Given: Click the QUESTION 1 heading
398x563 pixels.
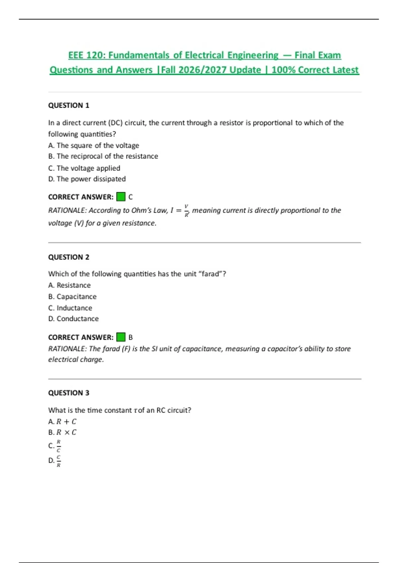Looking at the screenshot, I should click(69, 105).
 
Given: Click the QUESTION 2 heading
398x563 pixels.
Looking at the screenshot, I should click(69, 257).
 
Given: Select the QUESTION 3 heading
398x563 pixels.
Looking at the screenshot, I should click(69, 393).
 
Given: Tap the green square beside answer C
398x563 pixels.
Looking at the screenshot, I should click(121, 197).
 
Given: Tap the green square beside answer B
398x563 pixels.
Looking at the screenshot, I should click(121, 337).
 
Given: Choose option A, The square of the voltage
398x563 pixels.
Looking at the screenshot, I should click(94, 145).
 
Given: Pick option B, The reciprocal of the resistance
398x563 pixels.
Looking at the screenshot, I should click(103, 156).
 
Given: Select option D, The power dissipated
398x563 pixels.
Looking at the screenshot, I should click(87, 179).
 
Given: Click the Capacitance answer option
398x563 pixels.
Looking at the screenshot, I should click(72, 296).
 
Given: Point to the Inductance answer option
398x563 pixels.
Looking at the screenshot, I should click(70, 308).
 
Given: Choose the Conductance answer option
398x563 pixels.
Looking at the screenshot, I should click(73, 319).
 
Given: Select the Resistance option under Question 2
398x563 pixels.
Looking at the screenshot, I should click(69, 285).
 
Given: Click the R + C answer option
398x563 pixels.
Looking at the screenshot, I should click(62, 422).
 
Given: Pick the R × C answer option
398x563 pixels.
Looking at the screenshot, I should click(62, 432).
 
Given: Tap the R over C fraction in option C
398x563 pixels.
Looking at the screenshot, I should click(58, 446).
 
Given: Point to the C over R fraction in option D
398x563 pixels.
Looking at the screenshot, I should click(58, 461).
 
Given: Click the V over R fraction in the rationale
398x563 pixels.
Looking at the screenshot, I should click(186, 211).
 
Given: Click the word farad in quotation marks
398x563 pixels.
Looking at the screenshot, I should click(211, 274).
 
